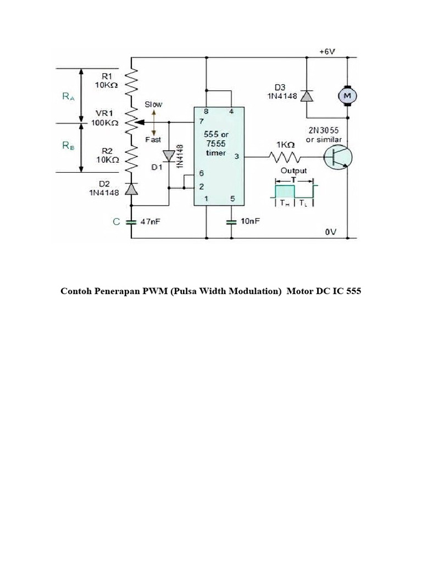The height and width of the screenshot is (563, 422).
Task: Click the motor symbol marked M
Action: pos(347,96)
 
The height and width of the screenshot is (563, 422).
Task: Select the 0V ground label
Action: pos(330,233)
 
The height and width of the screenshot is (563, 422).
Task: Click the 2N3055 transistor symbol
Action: pos(338,157)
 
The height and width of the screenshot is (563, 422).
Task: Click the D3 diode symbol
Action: pos(306,96)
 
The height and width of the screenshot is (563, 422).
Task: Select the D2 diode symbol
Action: pos(131,189)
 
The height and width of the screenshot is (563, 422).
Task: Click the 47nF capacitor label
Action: pos(152,222)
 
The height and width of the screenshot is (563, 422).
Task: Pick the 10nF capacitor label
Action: pos(250,222)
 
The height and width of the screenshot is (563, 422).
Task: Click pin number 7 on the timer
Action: pos(201,121)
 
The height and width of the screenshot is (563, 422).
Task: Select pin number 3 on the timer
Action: pos(236,157)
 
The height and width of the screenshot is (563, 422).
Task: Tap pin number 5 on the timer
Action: pos(232,199)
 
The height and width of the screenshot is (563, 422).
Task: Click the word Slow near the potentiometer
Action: pos(153,104)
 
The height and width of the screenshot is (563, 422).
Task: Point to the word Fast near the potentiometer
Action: pos(153,140)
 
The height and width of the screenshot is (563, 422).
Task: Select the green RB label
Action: pos(67,147)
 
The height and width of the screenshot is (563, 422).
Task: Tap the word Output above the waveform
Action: pos(294,170)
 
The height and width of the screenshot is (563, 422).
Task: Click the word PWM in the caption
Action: pos(156,291)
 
